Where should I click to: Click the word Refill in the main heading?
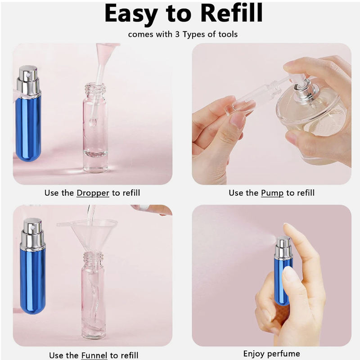tap(232, 13)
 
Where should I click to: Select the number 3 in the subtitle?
tap(177, 35)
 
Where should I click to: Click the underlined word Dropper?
tap(93, 193)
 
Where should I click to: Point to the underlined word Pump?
tap(272, 193)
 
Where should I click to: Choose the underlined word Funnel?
tap(94, 355)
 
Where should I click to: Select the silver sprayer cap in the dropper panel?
tap(28, 81)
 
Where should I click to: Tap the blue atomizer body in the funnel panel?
tap(33, 281)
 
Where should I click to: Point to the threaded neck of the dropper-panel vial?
tap(95, 90)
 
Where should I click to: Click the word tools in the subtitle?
tap(228, 35)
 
